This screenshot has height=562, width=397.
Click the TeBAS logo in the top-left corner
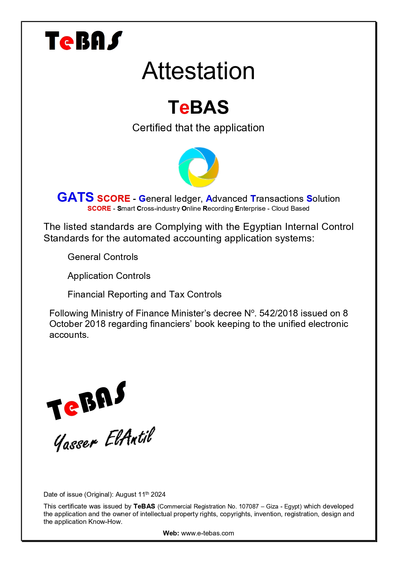84,41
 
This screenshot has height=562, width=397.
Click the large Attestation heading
198,71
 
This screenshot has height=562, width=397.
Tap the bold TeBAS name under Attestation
198,107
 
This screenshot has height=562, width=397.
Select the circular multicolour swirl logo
199,167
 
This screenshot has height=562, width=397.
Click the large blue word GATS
75,197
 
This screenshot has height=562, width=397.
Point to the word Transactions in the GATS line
277,199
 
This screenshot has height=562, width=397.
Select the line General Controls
103,257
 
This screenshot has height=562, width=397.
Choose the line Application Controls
109,276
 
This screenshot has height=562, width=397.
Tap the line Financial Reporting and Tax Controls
144,295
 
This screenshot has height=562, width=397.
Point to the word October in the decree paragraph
66,324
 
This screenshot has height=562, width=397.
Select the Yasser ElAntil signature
104,439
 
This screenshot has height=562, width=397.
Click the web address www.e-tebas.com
207,533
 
